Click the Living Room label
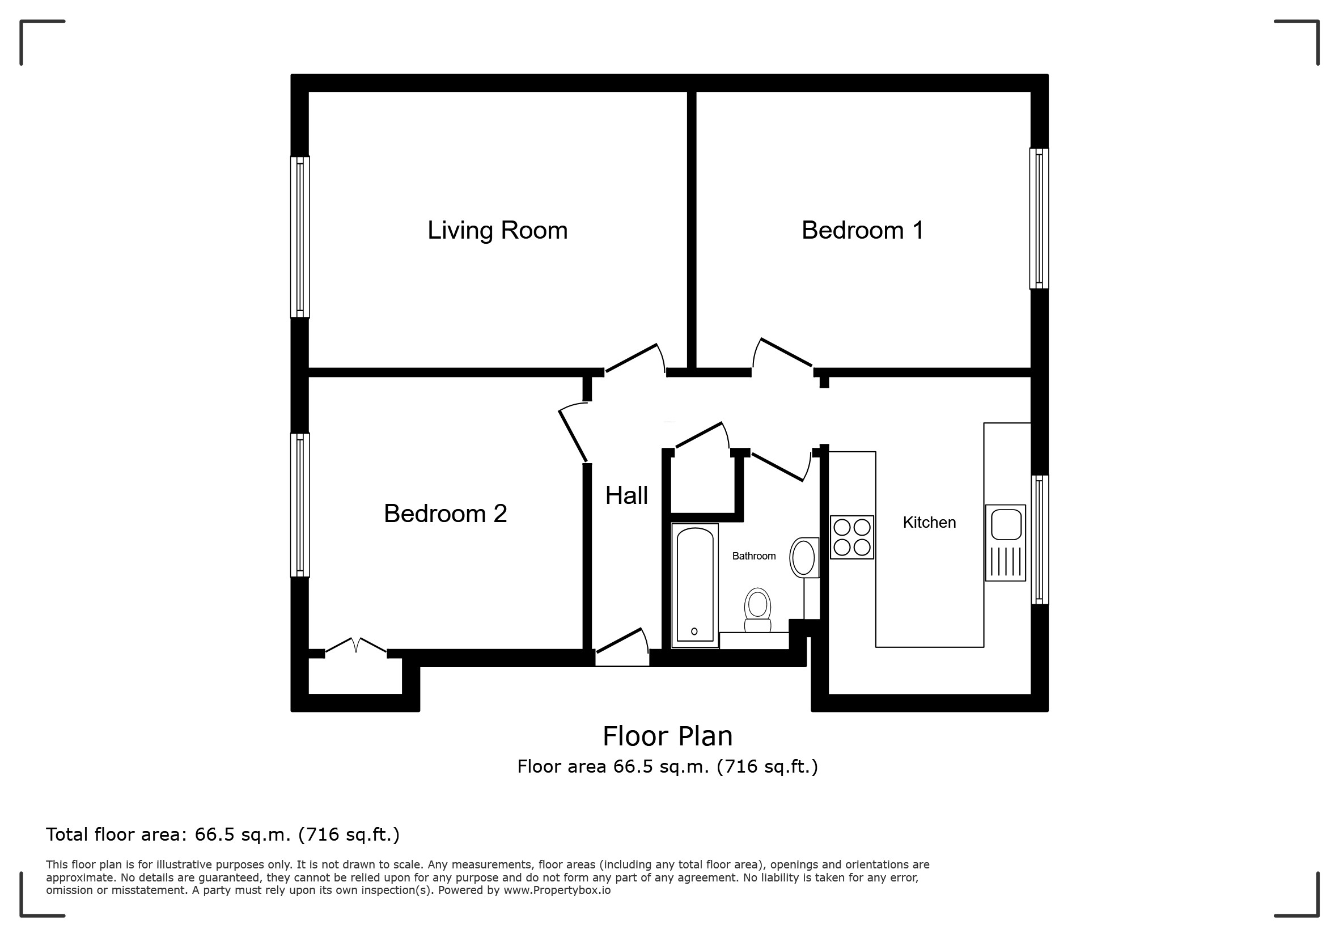[498, 231]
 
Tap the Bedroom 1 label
[863, 230]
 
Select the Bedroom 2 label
[445, 514]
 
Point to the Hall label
[626, 495]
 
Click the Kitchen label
[929, 523]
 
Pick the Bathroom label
[753, 556]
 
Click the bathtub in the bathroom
[694, 586]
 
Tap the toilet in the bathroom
[757, 610]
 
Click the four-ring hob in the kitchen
[851, 537]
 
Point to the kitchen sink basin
[1006, 524]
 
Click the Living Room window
[300, 237]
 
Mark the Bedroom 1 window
[1039, 219]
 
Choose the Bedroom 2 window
[300, 505]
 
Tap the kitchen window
[1039, 539]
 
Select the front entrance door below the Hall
[622, 647]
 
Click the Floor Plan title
[667, 736]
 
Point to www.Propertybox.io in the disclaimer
[557, 891]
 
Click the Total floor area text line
[223, 835]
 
